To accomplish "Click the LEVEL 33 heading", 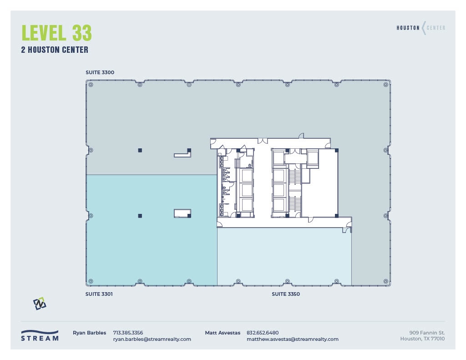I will (56, 33).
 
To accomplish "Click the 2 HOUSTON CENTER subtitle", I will (55, 50).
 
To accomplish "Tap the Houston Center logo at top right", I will (421, 28).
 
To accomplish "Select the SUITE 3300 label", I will (100, 72).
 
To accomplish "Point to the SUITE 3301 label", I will (99, 294).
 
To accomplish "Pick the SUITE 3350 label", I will (286, 294).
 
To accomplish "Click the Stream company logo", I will (40, 335).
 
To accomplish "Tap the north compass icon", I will (40, 304).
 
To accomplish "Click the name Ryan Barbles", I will (89, 333).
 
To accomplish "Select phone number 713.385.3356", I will (128, 333).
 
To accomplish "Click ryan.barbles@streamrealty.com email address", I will (152, 339).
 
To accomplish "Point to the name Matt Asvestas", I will (223, 333).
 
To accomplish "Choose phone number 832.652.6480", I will (263, 333).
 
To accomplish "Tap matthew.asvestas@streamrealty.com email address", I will (292, 339).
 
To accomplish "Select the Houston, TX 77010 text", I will (422, 339).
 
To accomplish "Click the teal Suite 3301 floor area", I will (150, 246).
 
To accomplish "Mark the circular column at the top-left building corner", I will (91, 85).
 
